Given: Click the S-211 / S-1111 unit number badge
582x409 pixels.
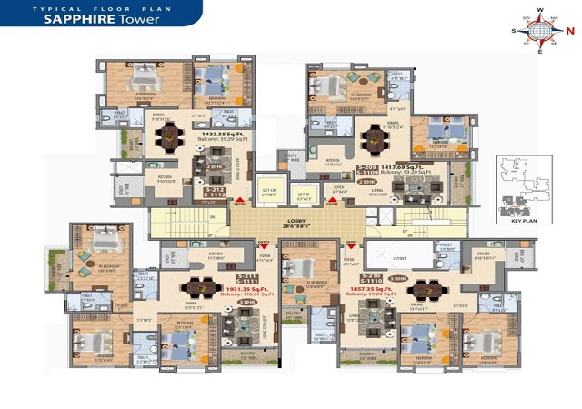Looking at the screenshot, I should tap(247, 279).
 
